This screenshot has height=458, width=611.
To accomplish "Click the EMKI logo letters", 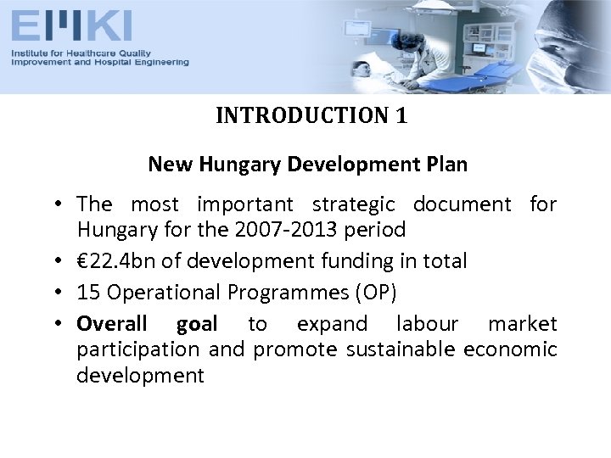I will point(71,26).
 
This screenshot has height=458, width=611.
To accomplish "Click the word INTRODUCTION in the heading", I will point(303,115).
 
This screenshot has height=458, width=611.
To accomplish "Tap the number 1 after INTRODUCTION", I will point(401,115).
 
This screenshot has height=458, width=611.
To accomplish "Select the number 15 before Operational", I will point(87,293).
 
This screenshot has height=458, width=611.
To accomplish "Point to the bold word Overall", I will point(111,324).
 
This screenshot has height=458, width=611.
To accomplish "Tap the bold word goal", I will point(197,324).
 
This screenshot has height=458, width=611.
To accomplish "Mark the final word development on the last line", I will point(140,376).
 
